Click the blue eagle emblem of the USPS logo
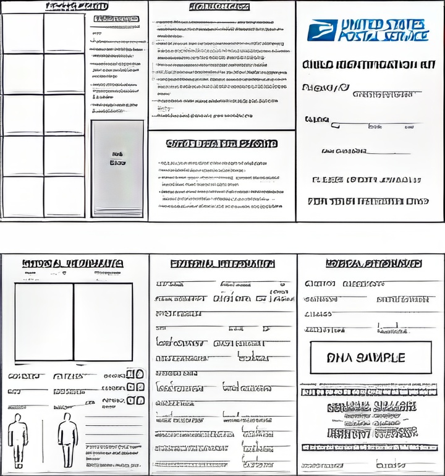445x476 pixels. coord(322,30)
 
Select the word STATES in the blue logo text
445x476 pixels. coord(404,25)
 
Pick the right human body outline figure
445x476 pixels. coord(67,440)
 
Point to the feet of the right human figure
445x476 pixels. coord(67,465)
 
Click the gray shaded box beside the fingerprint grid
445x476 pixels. coord(117,168)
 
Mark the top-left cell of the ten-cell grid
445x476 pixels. coord(23,33)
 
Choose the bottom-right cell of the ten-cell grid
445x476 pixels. coord(64,197)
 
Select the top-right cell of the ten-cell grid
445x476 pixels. coord(64,33)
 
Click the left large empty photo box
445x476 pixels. coord(44,322)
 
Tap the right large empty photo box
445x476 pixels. coord(103,322)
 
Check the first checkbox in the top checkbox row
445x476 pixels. coord(131,374)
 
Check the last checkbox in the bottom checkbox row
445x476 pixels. coord(140,401)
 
